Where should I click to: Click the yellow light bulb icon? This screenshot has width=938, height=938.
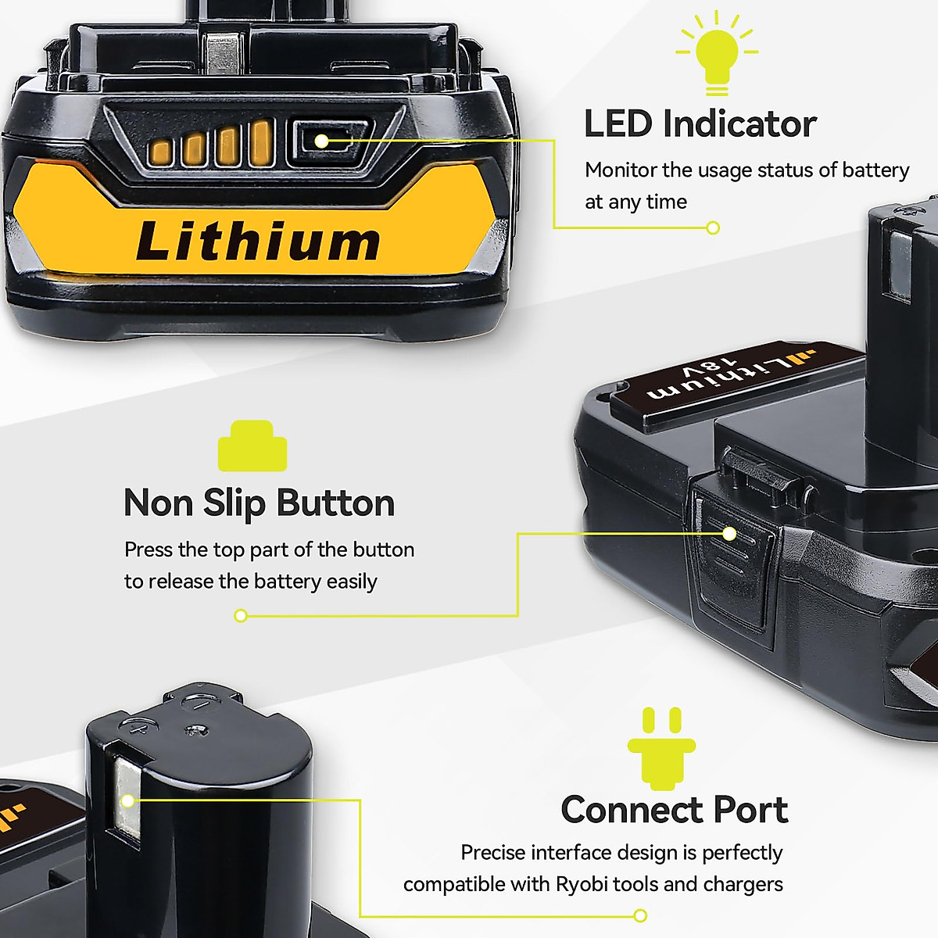[x=717, y=50]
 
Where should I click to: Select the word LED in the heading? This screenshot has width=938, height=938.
[x=618, y=124]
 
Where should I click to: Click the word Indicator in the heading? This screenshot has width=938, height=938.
[x=739, y=124]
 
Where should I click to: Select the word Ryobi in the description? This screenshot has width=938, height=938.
[x=582, y=884]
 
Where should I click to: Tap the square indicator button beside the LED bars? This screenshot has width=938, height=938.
[x=321, y=141]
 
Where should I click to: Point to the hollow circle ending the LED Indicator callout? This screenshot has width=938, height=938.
[x=713, y=227]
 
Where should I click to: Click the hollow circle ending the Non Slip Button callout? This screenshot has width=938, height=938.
[x=241, y=616]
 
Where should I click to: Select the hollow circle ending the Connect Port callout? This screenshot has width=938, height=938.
[x=640, y=915]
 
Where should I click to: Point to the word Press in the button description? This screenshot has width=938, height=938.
[x=149, y=550]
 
